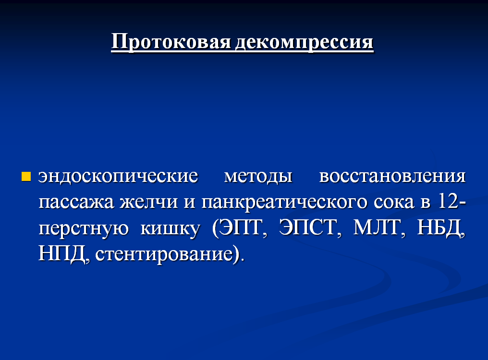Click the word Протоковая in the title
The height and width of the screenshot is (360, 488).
[171, 41]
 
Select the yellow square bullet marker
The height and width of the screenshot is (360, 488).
[26, 176]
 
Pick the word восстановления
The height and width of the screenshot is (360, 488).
[392, 176]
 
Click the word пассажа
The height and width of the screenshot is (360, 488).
[76, 202]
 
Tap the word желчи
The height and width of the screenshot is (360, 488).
[149, 202]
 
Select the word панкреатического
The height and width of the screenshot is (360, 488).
[285, 202]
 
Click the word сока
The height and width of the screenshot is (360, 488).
[394, 202]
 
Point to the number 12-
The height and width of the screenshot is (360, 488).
[451, 201]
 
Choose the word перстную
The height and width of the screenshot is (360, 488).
[84, 228]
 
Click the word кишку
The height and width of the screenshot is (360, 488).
[170, 228]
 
